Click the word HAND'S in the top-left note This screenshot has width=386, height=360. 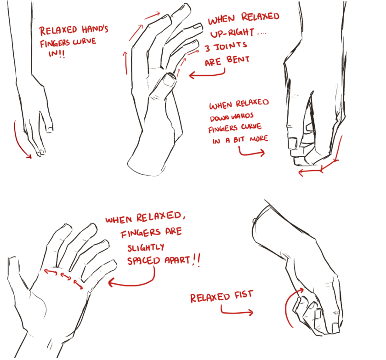pos(95,29)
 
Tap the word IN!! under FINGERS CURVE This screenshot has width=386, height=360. pos(57,53)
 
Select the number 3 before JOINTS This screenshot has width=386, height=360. pos(208,48)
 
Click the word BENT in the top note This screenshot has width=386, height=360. pos(238,59)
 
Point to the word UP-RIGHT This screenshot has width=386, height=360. pos(232,33)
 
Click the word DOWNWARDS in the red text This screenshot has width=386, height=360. pos(232,117)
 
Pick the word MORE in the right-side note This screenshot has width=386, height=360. pos(259,139)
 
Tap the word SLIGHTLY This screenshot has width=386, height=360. pos(146,248)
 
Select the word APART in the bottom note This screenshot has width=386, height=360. pos(177,260)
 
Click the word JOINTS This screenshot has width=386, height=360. pos(230,46)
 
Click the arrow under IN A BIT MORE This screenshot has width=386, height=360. pos(249,154)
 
